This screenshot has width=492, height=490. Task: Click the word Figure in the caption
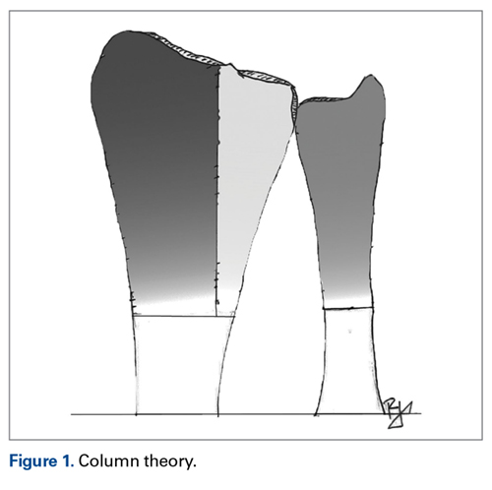[33, 461]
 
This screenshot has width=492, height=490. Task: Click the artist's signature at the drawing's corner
[398, 413]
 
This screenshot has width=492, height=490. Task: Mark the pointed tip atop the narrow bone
[371, 75]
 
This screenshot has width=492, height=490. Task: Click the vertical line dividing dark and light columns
[217, 190]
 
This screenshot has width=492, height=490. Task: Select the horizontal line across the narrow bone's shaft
[348, 308]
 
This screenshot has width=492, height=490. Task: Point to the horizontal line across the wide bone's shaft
[184, 316]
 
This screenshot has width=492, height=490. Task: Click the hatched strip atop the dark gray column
[184, 50]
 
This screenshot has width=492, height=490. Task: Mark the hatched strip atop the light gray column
[266, 78]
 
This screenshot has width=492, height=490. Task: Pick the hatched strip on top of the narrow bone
[325, 99]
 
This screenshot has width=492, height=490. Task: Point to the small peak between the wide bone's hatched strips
[230, 64]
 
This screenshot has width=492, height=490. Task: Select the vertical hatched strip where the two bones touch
[293, 105]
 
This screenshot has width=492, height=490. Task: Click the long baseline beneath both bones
[246, 414]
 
